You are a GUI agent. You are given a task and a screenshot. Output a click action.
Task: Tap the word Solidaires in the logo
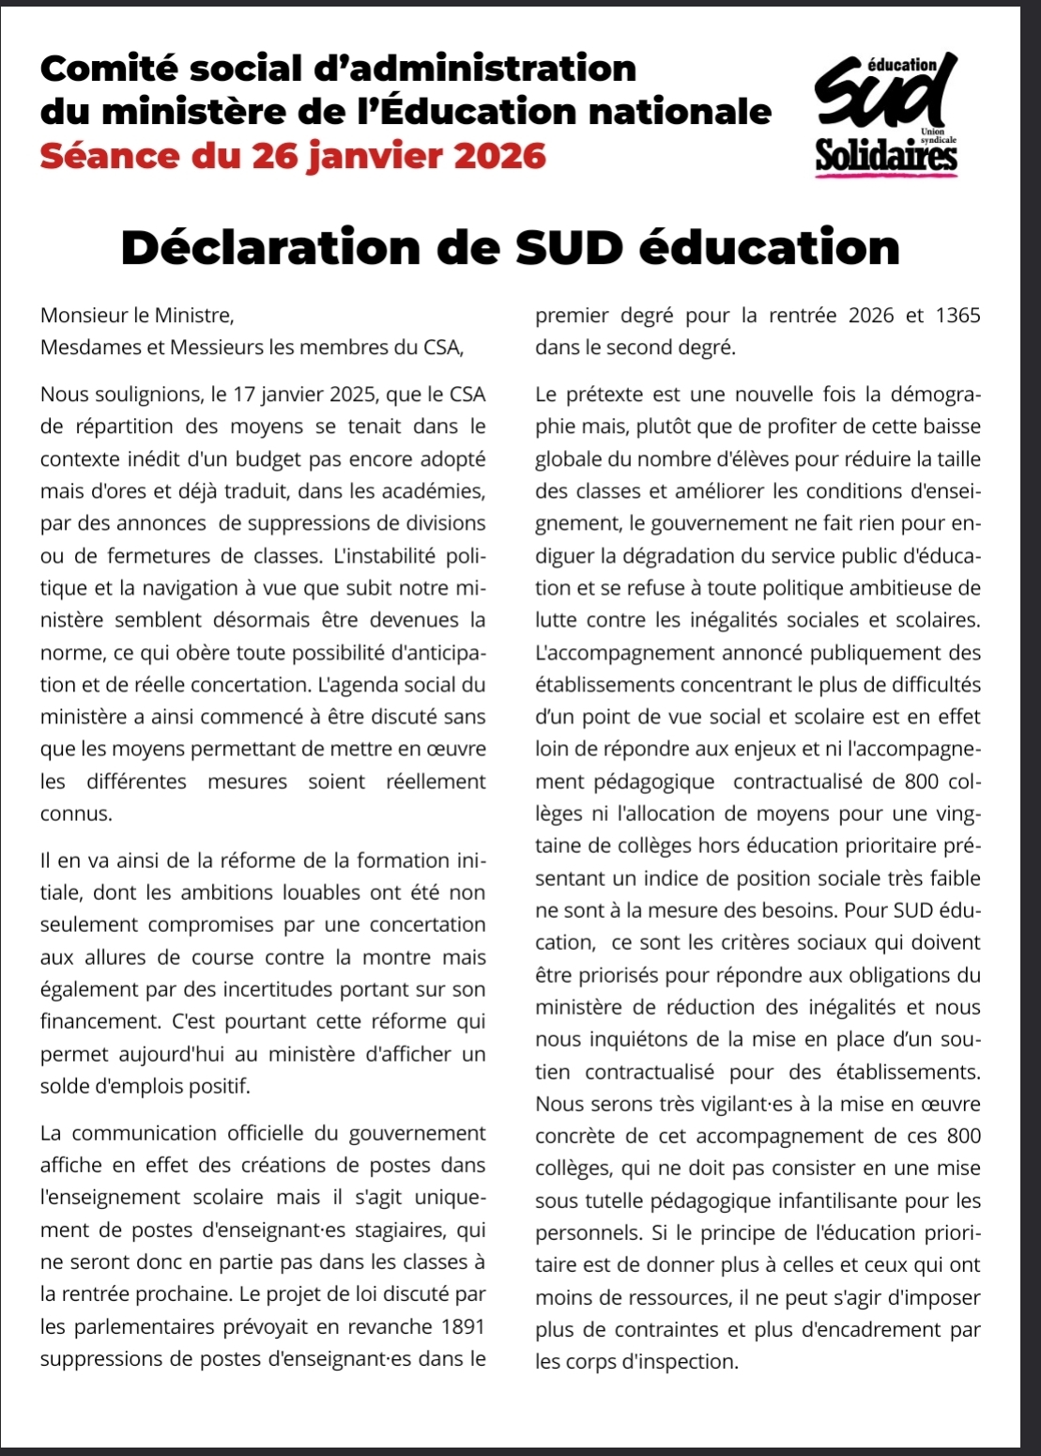coord(887,156)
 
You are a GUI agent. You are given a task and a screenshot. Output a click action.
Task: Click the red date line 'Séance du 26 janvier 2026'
coord(293,155)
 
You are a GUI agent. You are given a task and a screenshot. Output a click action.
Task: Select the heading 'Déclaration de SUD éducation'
coord(511,247)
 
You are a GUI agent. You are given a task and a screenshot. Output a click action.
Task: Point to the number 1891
coord(464,1326)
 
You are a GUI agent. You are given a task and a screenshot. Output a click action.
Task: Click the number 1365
coord(957,315)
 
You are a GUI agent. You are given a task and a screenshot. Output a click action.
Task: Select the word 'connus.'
coord(76,813)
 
